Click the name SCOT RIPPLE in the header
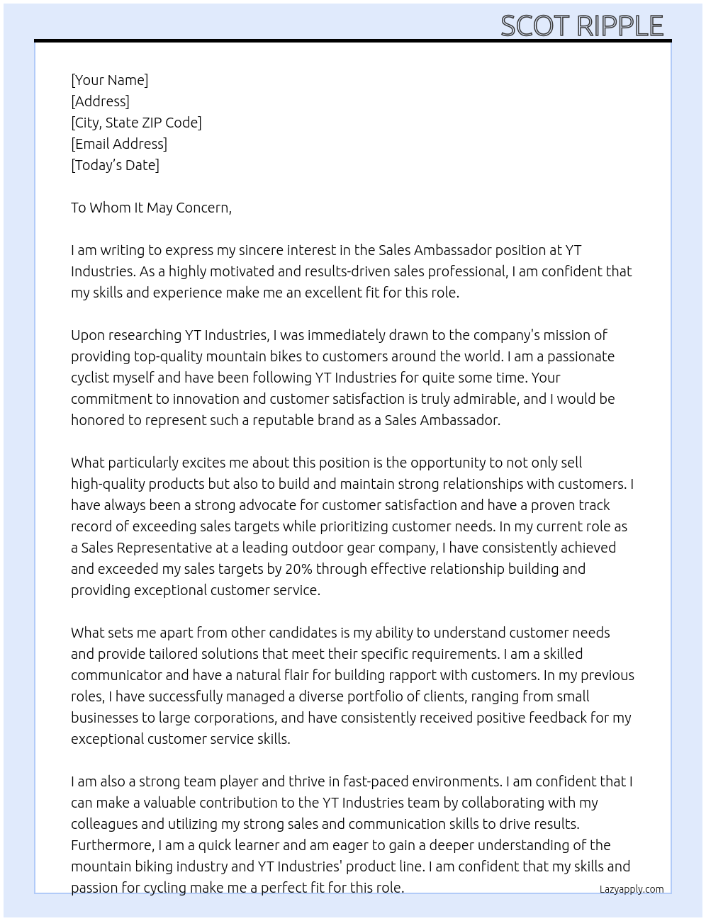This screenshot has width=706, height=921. [x=581, y=26]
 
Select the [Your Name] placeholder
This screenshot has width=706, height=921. [x=109, y=80]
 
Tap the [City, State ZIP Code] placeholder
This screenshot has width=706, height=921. [x=136, y=123]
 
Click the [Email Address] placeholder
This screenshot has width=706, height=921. [x=119, y=144]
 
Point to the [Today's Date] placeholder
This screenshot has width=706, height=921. [x=115, y=165]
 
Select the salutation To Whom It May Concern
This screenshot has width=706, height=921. [x=151, y=208]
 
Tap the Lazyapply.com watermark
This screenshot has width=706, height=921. [x=632, y=889]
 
